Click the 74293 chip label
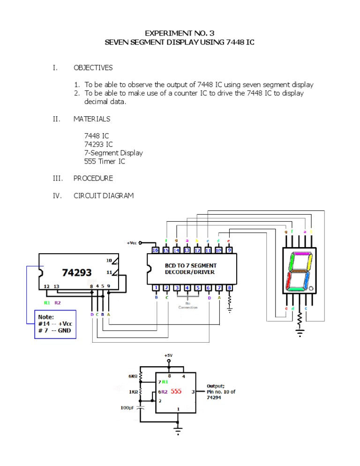tap(77, 272)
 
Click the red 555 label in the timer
tap(176, 391)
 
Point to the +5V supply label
tap(168, 356)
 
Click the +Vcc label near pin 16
tap(133, 243)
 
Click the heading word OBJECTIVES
tap(93, 68)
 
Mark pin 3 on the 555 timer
tap(193, 391)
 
